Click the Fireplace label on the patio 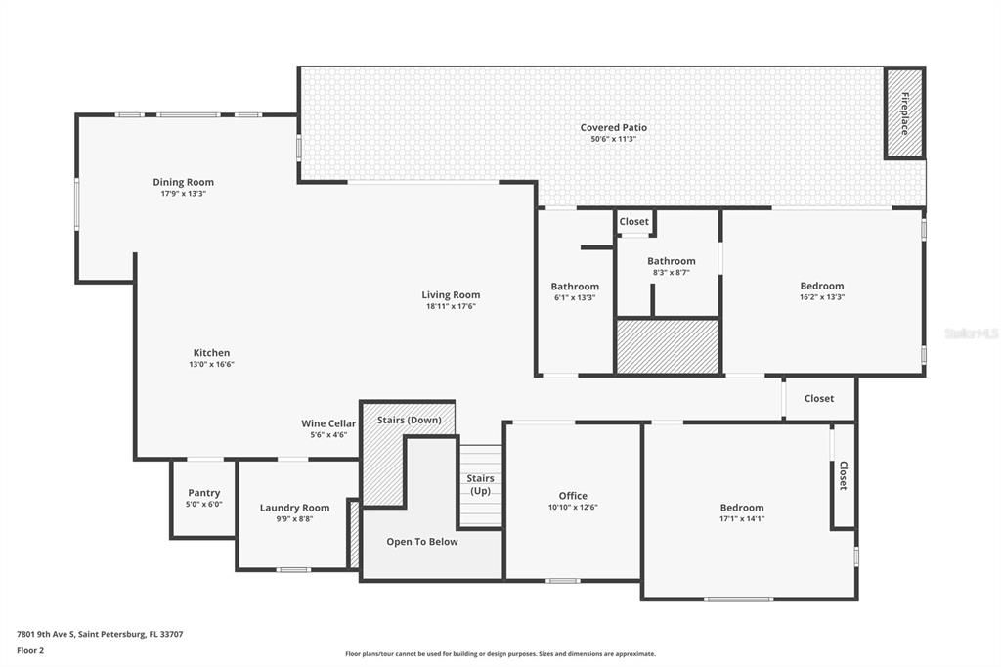[904, 112]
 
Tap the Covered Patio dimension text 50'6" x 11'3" [613, 139]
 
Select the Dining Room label [183, 182]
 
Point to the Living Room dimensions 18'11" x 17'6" [451, 306]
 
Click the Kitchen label [211, 353]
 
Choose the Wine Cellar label [328, 423]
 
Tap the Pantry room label [204, 493]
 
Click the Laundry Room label [294, 508]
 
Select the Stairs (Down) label [409, 420]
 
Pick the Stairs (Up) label [480, 484]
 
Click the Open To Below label [421, 541]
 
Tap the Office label [573, 496]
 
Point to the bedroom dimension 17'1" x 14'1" [742, 519]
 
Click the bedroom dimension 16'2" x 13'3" [821, 297]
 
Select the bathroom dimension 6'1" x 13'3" [575, 298]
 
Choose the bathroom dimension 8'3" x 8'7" [671, 272]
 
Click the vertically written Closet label [843, 475]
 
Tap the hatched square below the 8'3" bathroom [668, 346]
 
